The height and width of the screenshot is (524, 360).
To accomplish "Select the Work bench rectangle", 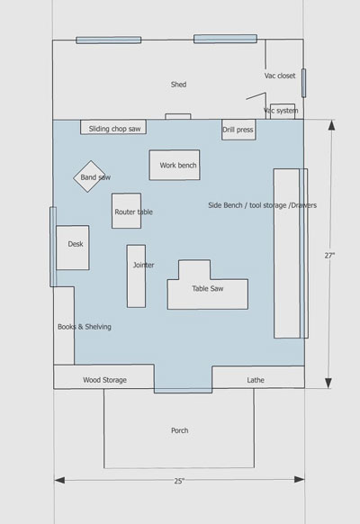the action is click(x=175, y=165).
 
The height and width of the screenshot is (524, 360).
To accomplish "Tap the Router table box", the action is click(x=126, y=211).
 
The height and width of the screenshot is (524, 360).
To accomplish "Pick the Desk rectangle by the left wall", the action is click(x=73, y=248).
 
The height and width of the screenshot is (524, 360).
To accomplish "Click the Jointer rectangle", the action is click(x=136, y=276).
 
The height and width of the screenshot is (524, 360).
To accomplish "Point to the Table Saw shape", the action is click(x=207, y=288).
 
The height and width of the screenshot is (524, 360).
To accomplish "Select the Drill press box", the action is click(x=238, y=130).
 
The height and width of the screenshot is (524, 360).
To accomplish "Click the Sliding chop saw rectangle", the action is click(x=113, y=127).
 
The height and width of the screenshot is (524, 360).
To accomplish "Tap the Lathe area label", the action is click(x=256, y=380).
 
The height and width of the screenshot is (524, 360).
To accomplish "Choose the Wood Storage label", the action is click(x=105, y=380).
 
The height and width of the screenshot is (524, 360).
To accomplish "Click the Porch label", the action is click(x=180, y=430).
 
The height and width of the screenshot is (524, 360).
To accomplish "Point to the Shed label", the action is click(x=179, y=85).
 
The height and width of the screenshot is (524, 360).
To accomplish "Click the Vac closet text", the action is click(x=280, y=76).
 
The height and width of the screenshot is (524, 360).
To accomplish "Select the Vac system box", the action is click(x=283, y=112).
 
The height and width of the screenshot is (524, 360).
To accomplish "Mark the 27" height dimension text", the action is click(x=329, y=256).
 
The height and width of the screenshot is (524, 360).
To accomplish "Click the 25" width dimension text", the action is click(x=179, y=481).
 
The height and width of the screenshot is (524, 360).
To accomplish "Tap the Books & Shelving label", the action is click(x=85, y=327).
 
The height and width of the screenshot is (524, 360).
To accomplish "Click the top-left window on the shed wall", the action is click(x=109, y=41).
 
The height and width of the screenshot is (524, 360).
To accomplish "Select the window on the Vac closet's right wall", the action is click(x=303, y=83).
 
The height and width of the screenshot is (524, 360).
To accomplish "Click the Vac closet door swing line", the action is click(x=256, y=96).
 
